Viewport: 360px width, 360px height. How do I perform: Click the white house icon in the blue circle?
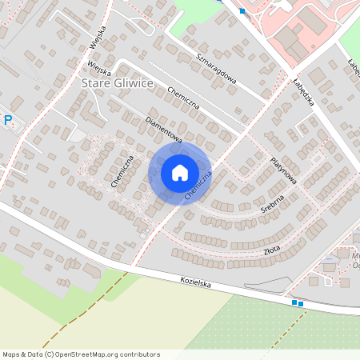[x=179, y=172]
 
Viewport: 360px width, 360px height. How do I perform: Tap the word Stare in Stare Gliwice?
[x=98, y=82]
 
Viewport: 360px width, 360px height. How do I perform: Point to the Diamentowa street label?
[x=164, y=130]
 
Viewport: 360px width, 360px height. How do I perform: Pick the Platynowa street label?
[x=283, y=170]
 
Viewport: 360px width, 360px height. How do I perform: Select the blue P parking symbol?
[x=8, y=120]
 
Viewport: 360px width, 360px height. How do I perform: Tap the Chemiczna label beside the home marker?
[x=198, y=185]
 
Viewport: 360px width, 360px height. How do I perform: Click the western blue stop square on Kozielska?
[x=294, y=302]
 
